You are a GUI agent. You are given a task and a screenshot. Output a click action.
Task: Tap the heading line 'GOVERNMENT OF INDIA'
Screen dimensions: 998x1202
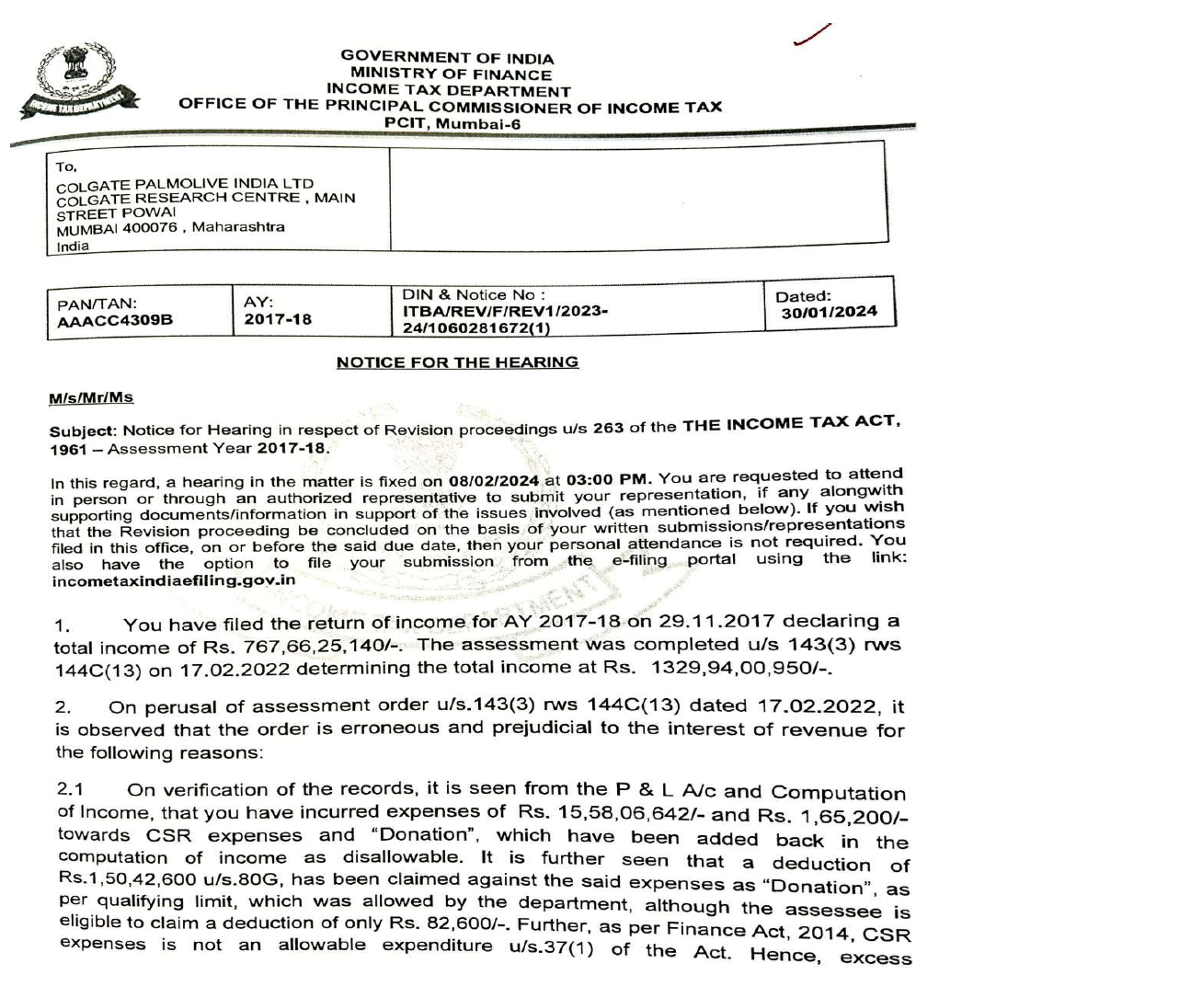click(447, 57)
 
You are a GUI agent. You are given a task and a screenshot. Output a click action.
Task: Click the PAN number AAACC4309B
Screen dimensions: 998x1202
click(115, 321)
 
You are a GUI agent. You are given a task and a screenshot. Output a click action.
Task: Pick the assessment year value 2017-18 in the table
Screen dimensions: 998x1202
click(278, 319)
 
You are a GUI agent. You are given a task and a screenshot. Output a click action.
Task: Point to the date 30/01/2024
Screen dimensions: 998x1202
click(830, 312)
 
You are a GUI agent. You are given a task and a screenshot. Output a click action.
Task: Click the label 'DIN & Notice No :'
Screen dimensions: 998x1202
click(474, 295)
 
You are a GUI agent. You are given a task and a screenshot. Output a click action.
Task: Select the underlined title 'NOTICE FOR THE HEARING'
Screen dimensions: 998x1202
click(457, 362)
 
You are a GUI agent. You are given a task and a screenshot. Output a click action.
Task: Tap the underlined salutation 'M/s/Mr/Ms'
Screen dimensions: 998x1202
click(91, 398)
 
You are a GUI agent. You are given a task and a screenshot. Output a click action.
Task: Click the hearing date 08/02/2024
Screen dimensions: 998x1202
click(494, 481)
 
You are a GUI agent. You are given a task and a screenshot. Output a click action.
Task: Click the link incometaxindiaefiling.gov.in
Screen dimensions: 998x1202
click(174, 580)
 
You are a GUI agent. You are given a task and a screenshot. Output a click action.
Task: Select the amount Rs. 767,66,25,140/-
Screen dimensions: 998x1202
click(320, 647)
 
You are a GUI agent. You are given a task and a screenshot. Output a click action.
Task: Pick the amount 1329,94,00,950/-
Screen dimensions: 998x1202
click(739, 666)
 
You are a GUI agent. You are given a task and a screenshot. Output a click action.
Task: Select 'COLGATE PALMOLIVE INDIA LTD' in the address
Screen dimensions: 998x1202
click(185, 184)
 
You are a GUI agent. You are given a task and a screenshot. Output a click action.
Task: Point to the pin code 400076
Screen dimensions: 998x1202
click(150, 228)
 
